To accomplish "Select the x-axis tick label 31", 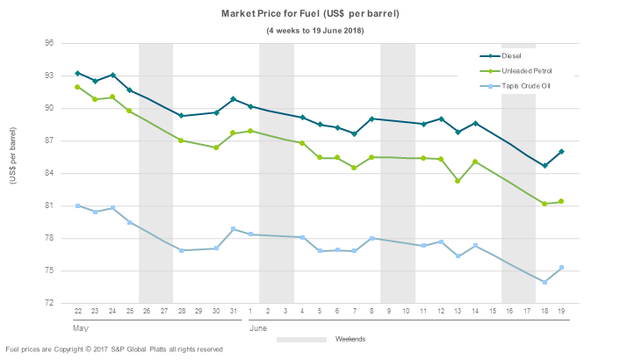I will [233, 312].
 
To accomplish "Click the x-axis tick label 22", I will [78, 312].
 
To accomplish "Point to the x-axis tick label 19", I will [561, 312].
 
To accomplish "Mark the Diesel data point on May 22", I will [78, 73].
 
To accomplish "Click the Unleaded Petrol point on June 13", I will [458, 181].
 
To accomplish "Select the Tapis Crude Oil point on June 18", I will [544, 282].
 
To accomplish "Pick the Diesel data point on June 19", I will [561, 152].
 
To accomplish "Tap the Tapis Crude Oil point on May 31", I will [233, 229].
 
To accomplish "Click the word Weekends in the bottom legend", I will [351, 338].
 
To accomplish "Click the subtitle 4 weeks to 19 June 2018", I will [315, 31].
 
